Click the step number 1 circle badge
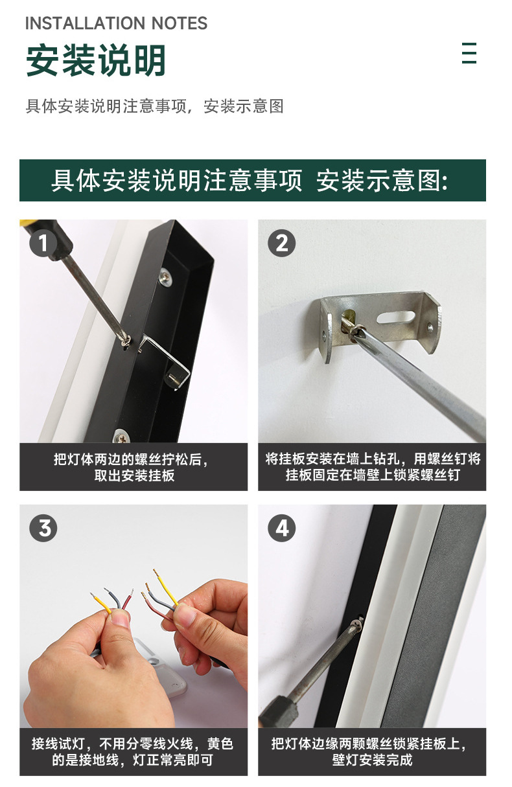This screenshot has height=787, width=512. click(43, 243)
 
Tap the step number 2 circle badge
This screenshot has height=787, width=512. click(282, 243)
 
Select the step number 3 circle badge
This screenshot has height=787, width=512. click(43, 528)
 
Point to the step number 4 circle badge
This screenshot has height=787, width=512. click(282, 528)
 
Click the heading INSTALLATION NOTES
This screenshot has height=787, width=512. click(117, 23)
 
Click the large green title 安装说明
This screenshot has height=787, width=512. click(96, 60)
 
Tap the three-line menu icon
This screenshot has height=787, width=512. click(469, 53)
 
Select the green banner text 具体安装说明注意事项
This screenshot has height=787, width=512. click(177, 181)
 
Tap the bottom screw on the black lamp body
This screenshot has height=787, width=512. click(121, 437)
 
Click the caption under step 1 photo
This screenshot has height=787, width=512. click(134, 467)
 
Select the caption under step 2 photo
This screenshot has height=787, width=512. click(373, 466)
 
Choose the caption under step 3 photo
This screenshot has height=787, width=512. click(133, 751)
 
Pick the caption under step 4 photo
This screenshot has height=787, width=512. click(373, 751)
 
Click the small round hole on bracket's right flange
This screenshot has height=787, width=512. click(430, 328)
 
